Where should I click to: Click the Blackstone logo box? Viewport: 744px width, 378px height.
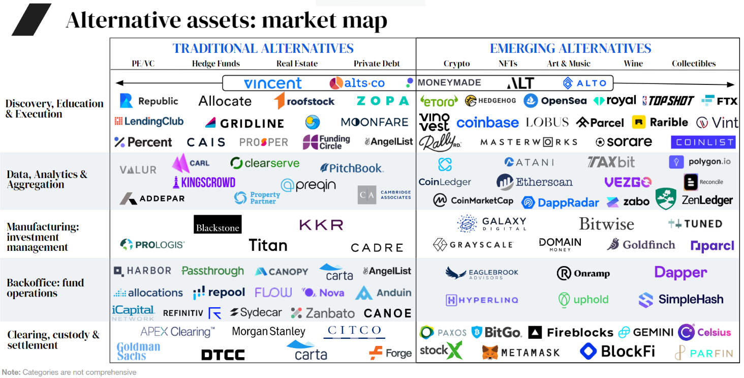pos(218,224)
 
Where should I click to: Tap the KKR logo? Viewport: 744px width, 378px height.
pos(321,224)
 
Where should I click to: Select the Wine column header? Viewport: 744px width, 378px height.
pos(633,64)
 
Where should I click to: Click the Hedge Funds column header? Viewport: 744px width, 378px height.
pos(216,64)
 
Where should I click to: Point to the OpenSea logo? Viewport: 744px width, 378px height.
pos(555,101)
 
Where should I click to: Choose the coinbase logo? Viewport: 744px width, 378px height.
pos(487,123)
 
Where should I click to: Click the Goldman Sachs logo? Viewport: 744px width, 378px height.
pos(138,351)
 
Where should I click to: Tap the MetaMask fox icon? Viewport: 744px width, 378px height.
pos(490,352)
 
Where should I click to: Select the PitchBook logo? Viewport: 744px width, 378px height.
pos(352,168)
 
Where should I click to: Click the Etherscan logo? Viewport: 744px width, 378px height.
pos(535,182)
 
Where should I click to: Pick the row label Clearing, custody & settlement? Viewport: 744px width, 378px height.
pos(53,340)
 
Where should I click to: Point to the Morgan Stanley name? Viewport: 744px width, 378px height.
pos(268,332)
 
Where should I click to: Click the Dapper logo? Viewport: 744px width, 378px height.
pos(680,273)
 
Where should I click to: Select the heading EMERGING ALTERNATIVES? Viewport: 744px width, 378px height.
pos(570,49)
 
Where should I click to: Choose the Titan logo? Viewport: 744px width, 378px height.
pos(268,245)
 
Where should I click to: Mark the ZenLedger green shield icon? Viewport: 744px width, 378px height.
pos(665,199)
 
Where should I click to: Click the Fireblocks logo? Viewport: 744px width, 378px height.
pos(571,333)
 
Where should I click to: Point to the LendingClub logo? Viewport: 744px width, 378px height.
pos(149,122)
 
